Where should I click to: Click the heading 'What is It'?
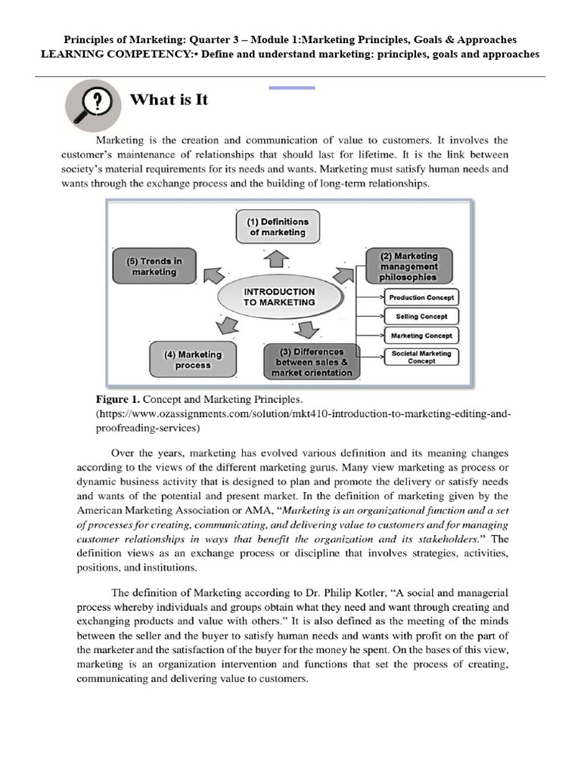click(169, 99)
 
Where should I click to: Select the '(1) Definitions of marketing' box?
click(278, 227)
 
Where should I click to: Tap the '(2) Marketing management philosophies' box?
click(409, 266)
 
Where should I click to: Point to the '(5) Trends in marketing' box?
click(154, 266)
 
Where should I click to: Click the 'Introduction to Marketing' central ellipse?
click(279, 296)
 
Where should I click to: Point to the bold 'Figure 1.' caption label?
click(117, 398)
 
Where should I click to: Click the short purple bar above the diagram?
click(292, 88)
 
